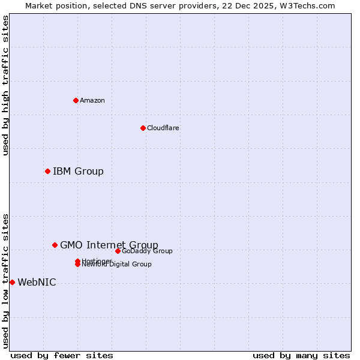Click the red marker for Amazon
click(76, 100)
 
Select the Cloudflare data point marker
click(143, 128)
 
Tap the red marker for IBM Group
click(47, 172)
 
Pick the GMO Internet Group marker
click(55, 245)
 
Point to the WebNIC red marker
click(12, 282)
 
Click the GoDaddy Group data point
click(118, 251)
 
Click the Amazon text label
click(92, 100)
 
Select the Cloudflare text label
click(163, 128)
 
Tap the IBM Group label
click(78, 172)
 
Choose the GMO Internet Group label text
click(109, 245)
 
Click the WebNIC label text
click(37, 283)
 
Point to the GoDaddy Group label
click(147, 251)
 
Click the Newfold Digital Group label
click(118, 265)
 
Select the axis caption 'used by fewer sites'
click(53, 356)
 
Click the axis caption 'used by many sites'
click(301, 356)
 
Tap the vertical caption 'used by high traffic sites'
click(5, 85)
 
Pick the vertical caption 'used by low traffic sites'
click(5, 280)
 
